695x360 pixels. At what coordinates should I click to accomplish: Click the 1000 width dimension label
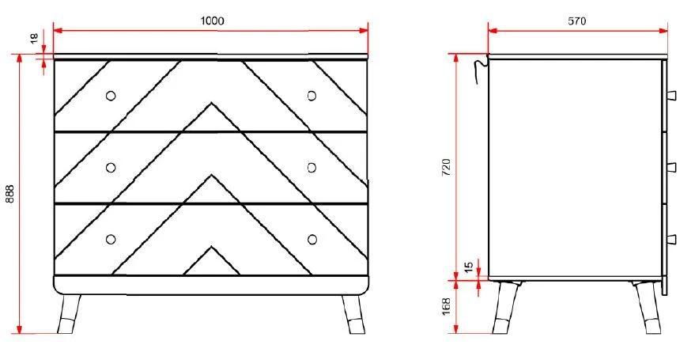[x=211, y=21]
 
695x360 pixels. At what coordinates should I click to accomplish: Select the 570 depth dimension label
[x=576, y=21]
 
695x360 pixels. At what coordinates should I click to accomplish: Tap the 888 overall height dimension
[x=10, y=195]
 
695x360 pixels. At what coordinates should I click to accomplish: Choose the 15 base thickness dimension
[x=469, y=267]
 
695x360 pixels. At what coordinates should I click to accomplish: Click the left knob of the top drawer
[x=110, y=95]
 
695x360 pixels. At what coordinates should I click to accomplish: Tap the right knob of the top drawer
[x=312, y=95]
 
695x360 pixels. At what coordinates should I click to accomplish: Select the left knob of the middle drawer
[x=110, y=167]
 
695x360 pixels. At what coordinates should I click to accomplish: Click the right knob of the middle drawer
[x=312, y=167]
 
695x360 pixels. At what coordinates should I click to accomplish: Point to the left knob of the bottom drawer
[x=110, y=239]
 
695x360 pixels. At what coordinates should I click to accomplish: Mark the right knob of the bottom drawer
[x=312, y=239]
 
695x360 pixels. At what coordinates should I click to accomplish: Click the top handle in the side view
[x=671, y=95]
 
